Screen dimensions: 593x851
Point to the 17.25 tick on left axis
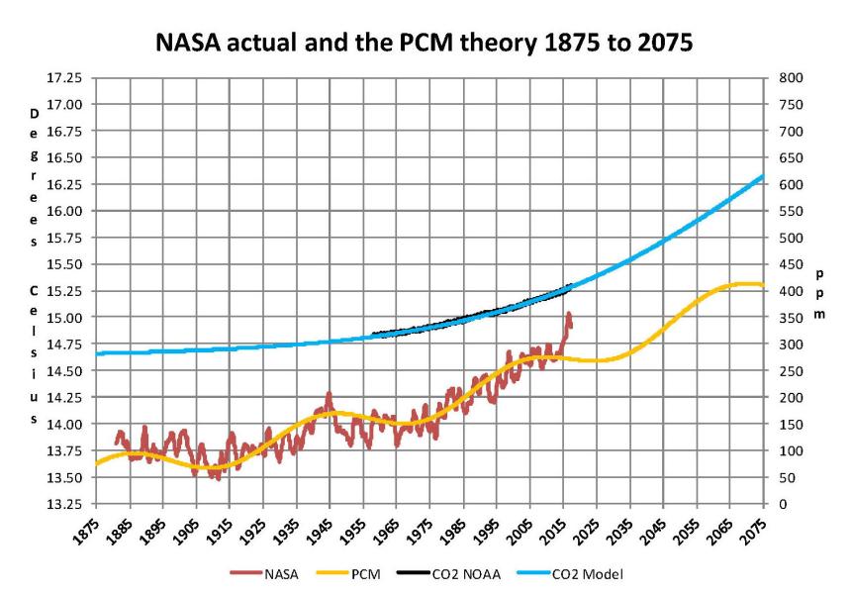[66, 77]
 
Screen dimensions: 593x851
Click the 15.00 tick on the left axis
[66, 318]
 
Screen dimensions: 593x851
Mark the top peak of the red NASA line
[569, 315]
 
